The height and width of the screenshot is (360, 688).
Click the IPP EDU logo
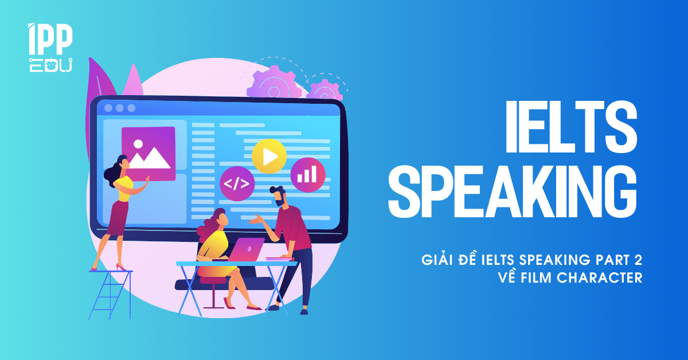click(x=50, y=48)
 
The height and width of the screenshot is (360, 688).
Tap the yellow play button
click(x=269, y=156)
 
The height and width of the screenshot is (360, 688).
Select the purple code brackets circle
click(x=237, y=183)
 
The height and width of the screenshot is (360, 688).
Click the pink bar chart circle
click(x=307, y=174)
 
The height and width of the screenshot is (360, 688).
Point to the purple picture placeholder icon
click(x=148, y=154)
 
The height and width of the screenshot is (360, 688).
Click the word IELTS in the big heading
click(x=572, y=127)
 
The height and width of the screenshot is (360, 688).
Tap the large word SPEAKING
click(x=513, y=191)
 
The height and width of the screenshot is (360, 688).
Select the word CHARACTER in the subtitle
click(x=599, y=277)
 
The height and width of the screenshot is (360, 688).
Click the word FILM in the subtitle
click(x=535, y=277)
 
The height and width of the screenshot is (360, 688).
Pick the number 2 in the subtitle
click(x=638, y=260)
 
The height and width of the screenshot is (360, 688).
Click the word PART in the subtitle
click(x=613, y=260)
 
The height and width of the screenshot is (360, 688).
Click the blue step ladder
click(x=111, y=294)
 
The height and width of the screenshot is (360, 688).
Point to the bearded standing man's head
click(x=279, y=195)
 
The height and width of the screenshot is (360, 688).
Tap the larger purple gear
click(x=274, y=83)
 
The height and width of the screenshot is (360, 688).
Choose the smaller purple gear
click(x=325, y=89)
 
